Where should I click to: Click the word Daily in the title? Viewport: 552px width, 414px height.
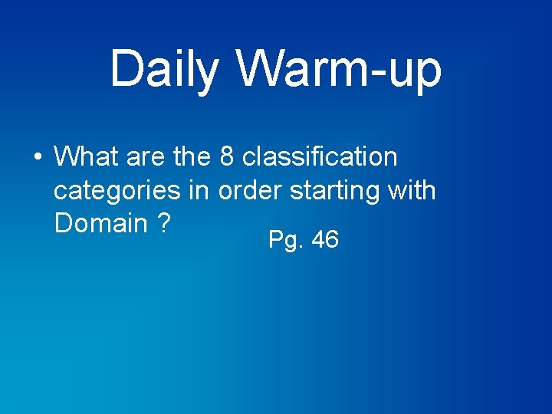(x=165, y=69)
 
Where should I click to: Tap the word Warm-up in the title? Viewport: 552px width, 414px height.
(x=339, y=69)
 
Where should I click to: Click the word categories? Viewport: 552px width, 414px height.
(x=130, y=190)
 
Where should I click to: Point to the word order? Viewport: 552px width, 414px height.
(x=251, y=190)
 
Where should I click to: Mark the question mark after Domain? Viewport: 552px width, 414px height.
(x=163, y=223)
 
